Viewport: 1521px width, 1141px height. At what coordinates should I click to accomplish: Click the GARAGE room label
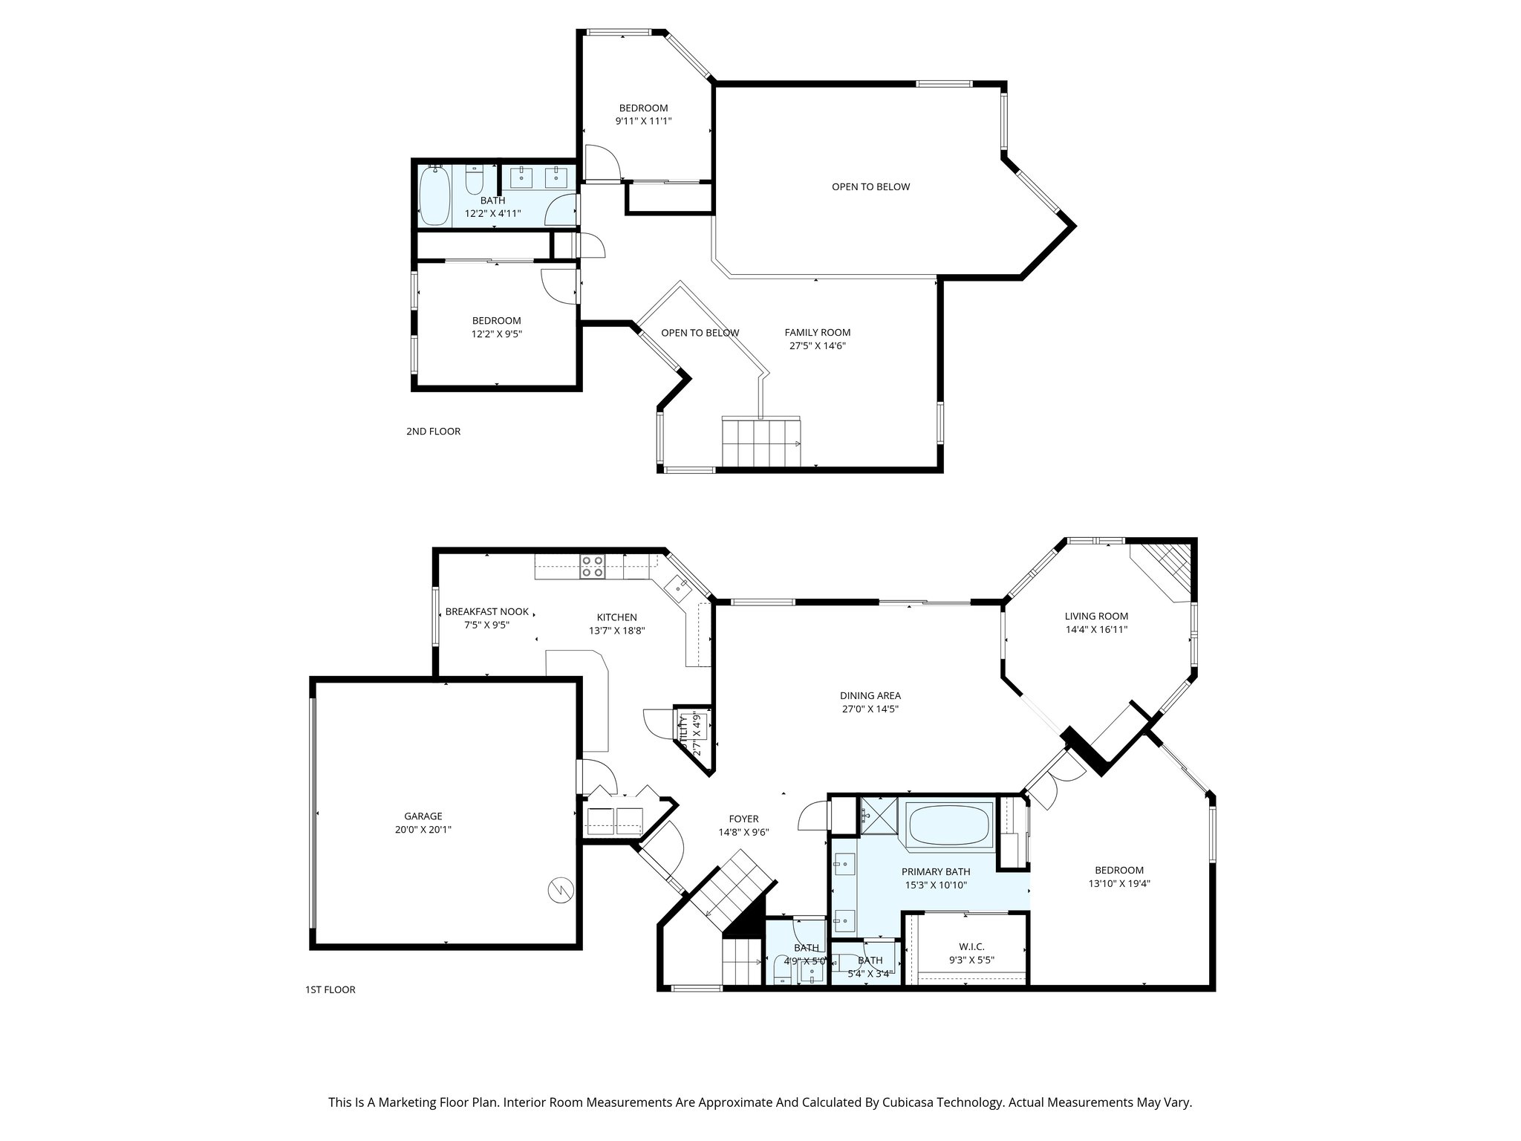423,816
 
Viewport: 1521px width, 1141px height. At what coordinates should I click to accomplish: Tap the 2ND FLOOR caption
433,432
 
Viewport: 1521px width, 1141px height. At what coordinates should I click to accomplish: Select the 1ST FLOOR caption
330,989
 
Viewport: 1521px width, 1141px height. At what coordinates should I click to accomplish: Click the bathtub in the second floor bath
434,196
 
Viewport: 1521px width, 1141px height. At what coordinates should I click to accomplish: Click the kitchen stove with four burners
593,567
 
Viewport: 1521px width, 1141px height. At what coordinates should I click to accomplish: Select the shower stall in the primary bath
879,816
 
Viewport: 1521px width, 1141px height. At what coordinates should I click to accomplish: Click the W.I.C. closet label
971,946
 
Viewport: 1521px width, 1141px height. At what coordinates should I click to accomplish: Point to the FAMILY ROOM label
817,333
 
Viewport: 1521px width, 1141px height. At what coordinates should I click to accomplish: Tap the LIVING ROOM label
1096,616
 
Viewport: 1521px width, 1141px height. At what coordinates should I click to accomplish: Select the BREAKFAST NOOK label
487,612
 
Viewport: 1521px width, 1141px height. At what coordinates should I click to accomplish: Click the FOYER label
743,819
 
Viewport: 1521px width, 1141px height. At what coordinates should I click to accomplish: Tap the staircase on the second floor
761,442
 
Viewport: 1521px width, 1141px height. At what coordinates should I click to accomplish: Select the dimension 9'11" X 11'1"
643,121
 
